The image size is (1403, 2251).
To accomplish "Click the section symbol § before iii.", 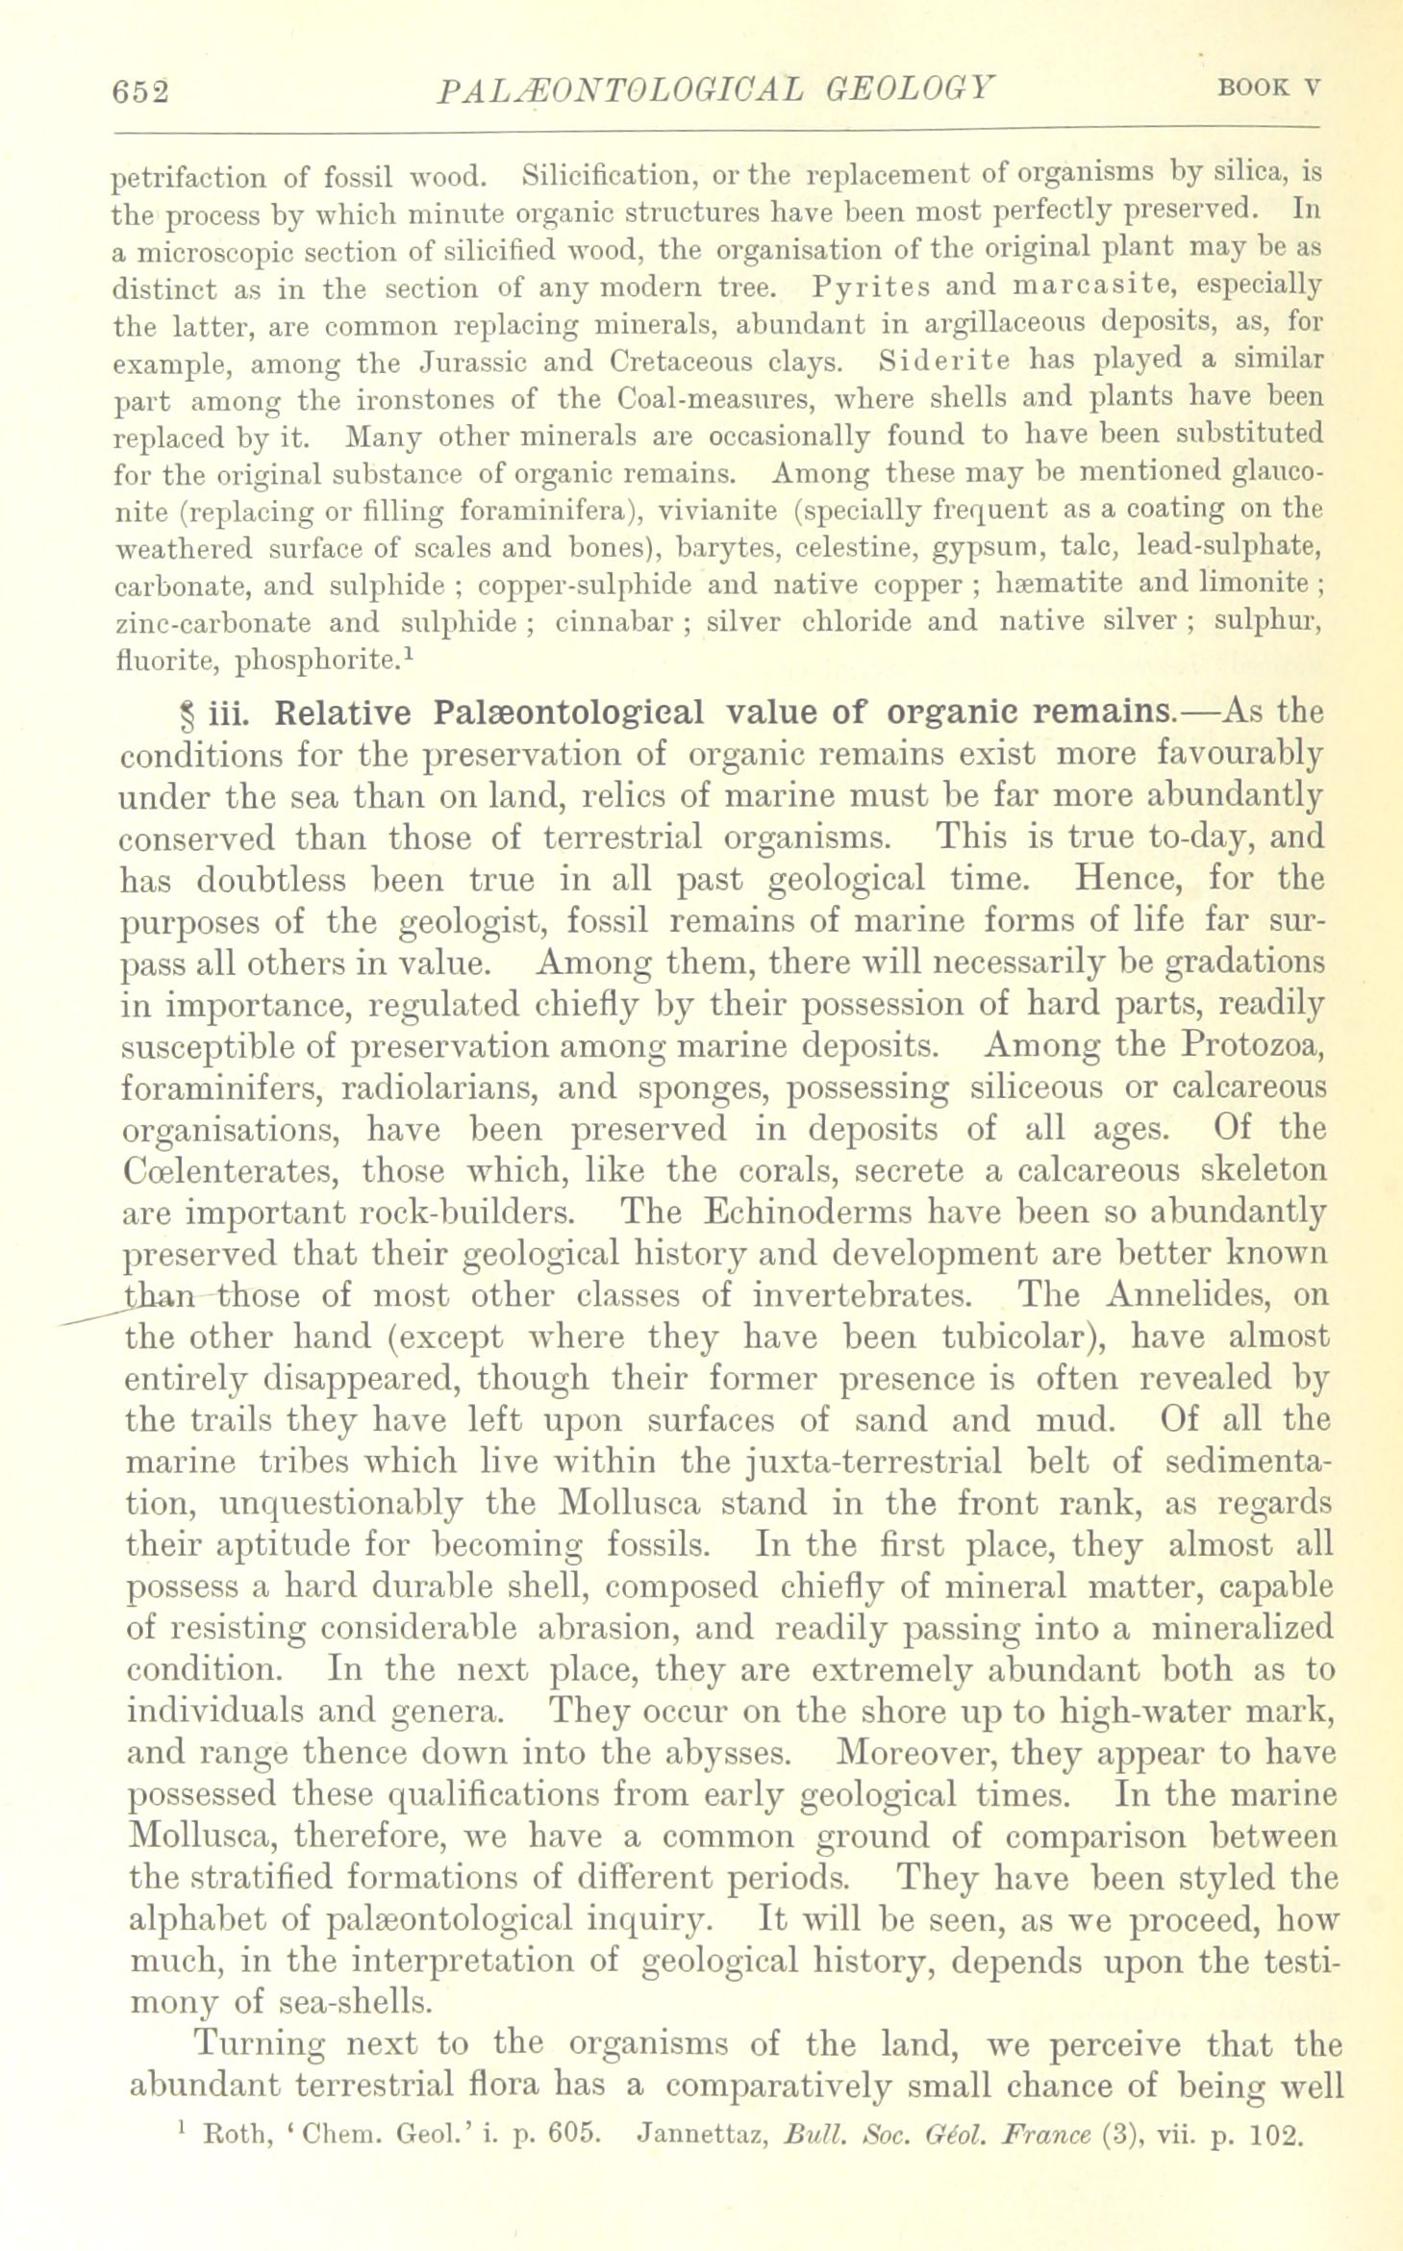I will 188,715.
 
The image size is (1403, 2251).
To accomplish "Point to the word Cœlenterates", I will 230,1171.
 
